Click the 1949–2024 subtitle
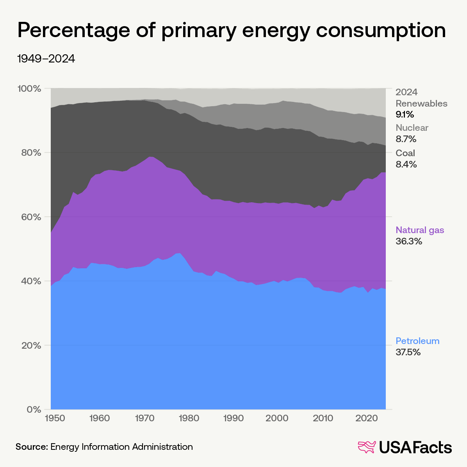(x=46, y=59)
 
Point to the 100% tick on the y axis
(x=30, y=89)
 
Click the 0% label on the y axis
(x=34, y=410)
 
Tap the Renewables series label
(x=421, y=103)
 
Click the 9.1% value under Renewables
(x=405, y=115)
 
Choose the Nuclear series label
(x=412, y=128)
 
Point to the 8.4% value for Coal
(x=406, y=164)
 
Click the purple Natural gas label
(x=420, y=230)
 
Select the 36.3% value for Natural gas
(x=409, y=241)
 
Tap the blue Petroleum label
(x=417, y=341)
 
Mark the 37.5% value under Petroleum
(x=408, y=352)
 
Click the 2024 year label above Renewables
(x=406, y=92)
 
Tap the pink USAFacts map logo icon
(x=367, y=447)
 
